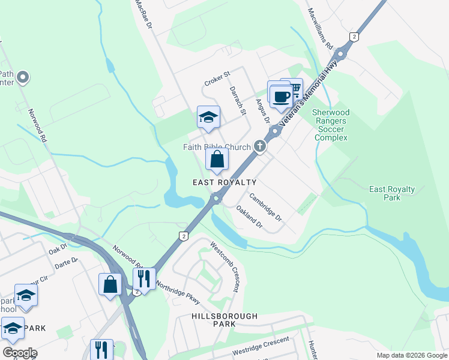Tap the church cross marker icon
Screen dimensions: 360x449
[260, 146]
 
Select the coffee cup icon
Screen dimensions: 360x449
[281, 96]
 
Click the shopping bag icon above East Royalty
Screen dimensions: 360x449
[217, 160]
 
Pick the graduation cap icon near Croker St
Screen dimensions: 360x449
[208, 118]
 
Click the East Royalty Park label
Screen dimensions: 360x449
[392, 193]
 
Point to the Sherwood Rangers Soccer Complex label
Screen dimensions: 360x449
[331, 125]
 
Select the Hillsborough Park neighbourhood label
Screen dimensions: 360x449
[224, 320]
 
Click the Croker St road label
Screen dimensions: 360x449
[217, 79]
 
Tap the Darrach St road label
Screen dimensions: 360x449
[238, 100]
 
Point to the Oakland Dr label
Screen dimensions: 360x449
[250, 217]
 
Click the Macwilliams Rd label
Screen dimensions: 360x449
[320, 28]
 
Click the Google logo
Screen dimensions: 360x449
[19, 353]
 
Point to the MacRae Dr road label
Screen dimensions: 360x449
[144, 15]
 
